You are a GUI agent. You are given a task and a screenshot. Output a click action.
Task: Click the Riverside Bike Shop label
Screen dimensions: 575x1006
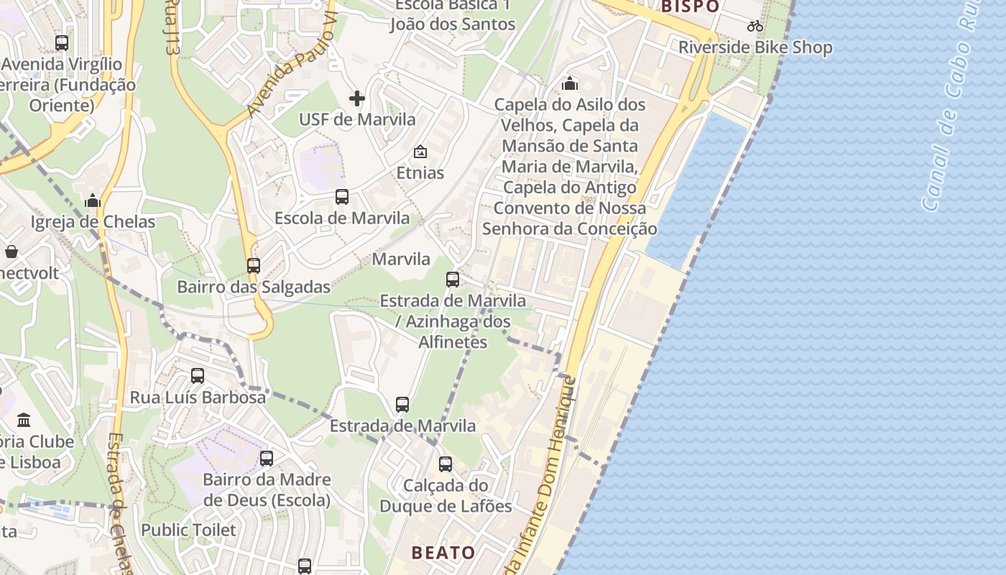[x=756, y=48]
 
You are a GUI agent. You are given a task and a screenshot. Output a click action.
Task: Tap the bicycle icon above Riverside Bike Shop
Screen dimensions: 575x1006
[x=754, y=27]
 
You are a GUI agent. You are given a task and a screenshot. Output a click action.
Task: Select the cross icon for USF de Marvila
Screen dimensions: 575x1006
[x=356, y=98]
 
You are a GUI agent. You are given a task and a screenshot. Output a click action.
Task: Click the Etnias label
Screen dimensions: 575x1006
[x=420, y=173]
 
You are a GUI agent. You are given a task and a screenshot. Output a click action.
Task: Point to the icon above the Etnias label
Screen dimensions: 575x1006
[x=420, y=152]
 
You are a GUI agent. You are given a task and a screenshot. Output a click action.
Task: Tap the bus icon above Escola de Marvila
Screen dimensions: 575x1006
[x=342, y=197]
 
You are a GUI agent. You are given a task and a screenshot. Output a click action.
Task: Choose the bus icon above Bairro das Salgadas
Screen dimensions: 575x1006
[x=253, y=266]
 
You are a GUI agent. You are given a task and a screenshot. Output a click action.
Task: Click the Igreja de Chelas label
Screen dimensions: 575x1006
[x=93, y=222]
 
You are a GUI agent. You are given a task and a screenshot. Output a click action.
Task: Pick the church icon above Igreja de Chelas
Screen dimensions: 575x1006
[x=92, y=201]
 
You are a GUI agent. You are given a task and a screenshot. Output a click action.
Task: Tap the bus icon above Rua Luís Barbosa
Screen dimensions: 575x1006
[x=198, y=376]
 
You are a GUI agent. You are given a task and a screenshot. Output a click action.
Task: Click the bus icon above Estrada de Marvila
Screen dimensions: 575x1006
[x=402, y=405]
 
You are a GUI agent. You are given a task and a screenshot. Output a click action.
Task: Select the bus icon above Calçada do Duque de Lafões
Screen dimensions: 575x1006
[x=446, y=464]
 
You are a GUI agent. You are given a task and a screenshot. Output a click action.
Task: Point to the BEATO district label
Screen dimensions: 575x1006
[x=443, y=553]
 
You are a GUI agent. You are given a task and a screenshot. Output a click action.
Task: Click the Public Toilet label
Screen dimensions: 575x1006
[x=188, y=530]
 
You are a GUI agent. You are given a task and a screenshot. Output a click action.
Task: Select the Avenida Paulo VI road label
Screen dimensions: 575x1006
[x=292, y=69]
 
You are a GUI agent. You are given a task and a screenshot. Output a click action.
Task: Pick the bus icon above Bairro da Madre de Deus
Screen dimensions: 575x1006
[x=267, y=459]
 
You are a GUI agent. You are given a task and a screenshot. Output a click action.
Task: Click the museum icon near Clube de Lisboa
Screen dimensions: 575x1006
[x=24, y=420]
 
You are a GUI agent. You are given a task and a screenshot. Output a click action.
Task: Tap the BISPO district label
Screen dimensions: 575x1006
[x=690, y=6]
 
